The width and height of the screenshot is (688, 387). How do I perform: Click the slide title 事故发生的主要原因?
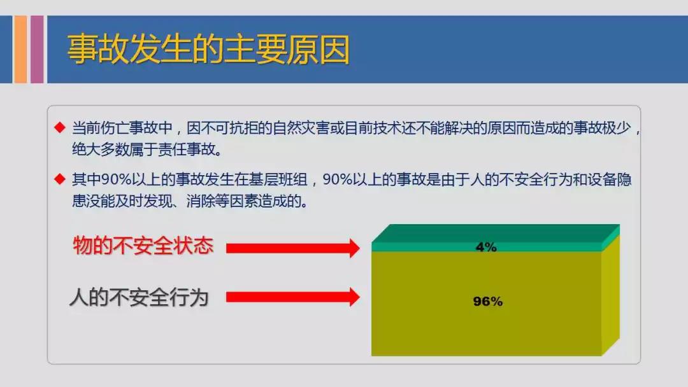(x=208, y=49)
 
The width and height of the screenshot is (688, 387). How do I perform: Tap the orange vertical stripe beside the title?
(x=20, y=49)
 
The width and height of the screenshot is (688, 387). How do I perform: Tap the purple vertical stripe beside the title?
(x=37, y=49)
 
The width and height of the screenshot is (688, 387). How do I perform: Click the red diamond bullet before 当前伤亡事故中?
(x=60, y=127)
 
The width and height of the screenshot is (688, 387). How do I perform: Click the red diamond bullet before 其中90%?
(x=60, y=179)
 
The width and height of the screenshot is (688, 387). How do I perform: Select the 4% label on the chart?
(x=486, y=247)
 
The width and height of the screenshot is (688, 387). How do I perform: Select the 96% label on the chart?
(x=488, y=302)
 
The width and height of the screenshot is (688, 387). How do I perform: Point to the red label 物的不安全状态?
(x=143, y=246)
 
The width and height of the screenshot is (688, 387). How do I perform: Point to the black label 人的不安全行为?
(x=139, y=297)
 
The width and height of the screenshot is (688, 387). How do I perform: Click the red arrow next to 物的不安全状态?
(x=292, y=248)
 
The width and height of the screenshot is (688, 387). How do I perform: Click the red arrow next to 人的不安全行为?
(x=292, y=297)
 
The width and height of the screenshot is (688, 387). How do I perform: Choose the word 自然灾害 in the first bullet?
(x=301, y=128)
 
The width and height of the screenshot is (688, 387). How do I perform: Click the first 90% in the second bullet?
(x=117, y=179)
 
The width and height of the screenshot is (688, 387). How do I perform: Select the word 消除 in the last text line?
(x=201, y=201)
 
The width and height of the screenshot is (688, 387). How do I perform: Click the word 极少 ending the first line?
(x=617, y=128)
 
